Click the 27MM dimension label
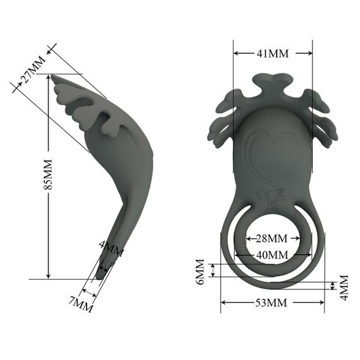[x=32, y=71]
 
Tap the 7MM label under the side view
[x=81, y=304]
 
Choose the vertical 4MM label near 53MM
[x=344, y=287]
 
